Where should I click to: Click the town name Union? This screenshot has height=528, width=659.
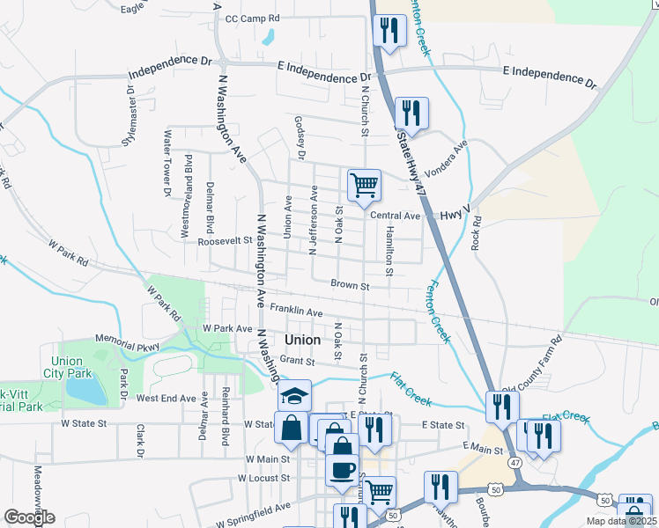[305, 340]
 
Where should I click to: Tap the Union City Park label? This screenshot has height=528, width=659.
[67, 367]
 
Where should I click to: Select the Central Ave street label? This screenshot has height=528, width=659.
[395, 216]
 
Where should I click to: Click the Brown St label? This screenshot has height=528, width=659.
[350, 284]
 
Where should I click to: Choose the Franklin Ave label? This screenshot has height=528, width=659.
[296, 310]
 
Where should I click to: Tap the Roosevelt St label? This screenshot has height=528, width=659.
[225, 240]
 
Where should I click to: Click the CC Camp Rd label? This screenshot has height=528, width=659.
[252, 18]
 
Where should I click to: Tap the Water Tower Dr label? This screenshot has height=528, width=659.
[166, 162]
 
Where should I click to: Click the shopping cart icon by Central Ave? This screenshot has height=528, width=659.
[364, 186]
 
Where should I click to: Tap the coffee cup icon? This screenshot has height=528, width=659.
[341, 469]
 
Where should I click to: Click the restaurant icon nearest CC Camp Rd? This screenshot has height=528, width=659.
[389, 30]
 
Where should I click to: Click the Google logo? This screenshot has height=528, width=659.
[29, 517]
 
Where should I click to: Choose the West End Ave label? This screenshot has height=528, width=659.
[166, 398]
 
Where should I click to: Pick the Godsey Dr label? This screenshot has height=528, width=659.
[300, 139]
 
